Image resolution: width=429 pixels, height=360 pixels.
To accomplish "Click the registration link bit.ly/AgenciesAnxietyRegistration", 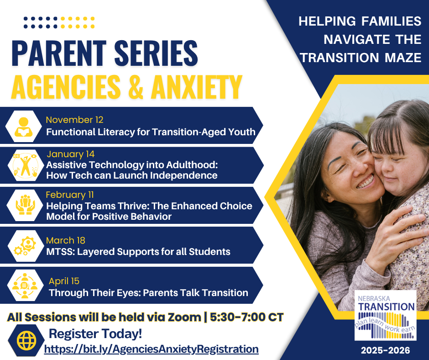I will [151, 349].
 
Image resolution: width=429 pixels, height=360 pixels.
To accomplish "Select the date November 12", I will [74, 120].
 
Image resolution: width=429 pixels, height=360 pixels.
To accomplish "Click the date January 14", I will [71, 154].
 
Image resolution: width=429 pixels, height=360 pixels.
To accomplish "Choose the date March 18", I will [66, 240].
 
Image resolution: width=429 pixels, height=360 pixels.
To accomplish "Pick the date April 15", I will [64, 281].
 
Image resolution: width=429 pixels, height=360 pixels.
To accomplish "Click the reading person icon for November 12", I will [23, 126].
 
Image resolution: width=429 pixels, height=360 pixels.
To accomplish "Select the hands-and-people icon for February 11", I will [23, 205].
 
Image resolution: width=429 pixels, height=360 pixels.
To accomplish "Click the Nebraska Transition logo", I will [385, 315].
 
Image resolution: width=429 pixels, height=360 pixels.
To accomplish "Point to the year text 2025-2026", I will [385, 351].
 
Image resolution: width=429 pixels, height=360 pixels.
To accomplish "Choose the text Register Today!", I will [95, 334].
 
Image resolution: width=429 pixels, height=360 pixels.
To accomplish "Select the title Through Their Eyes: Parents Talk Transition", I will [148, 292].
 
